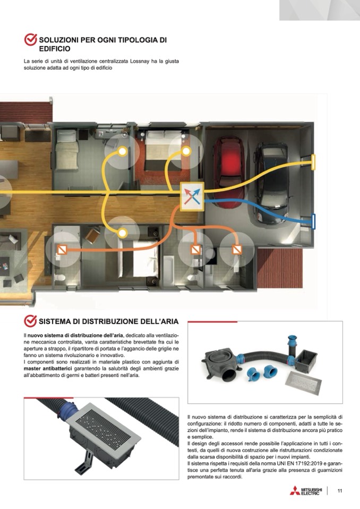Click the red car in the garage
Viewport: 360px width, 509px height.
(229, 164)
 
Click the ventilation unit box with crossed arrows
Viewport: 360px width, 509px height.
(192, 197)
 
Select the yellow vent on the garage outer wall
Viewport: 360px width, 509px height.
(313, 162)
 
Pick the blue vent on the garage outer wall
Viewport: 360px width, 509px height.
(314, 221)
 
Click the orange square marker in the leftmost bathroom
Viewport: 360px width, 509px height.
(62, 249)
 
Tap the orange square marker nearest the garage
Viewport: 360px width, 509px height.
(237, 249)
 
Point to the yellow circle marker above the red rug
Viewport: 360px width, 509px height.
(186, 151)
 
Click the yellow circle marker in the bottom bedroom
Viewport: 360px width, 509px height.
(122, 233)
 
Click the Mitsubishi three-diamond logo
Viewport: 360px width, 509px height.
(295, 490)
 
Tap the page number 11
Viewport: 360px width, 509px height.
(339, 490)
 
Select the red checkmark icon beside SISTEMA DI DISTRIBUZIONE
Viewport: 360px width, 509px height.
(30, 321)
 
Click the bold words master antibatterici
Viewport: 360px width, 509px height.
(48, 368)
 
